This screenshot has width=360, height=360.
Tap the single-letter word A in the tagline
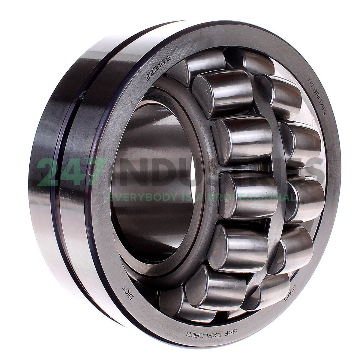point(203,197)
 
